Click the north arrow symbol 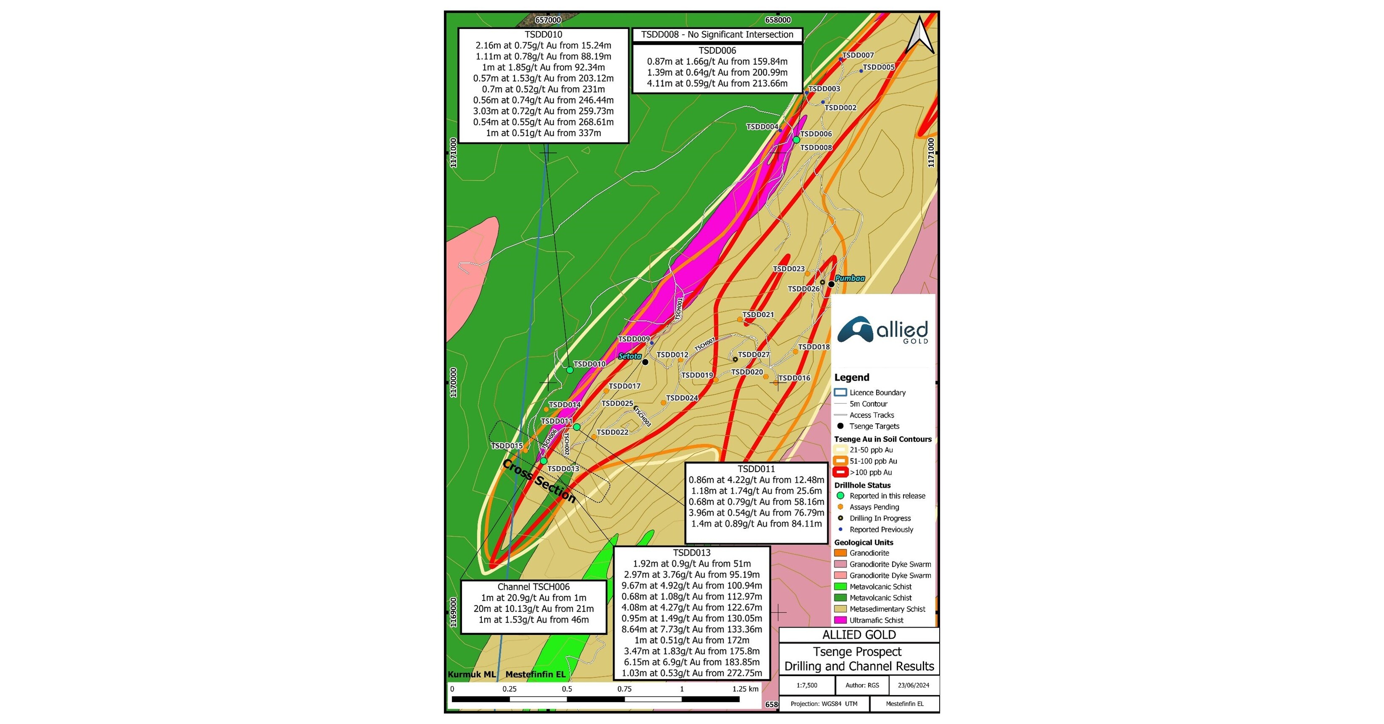coord(920,35)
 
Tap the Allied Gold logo coord(883,330)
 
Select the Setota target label coord(630,356)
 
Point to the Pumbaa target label coord(850,278)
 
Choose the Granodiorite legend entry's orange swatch coord(840,553)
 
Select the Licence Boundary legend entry coord(877,392)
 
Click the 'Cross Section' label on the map coord(539,481)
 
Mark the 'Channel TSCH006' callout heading coord(534,587)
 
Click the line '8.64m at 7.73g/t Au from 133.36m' coord(692,629)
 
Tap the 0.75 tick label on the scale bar coord(624,689)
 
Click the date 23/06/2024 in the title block coord(914,685)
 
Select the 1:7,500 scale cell coord(807,685)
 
